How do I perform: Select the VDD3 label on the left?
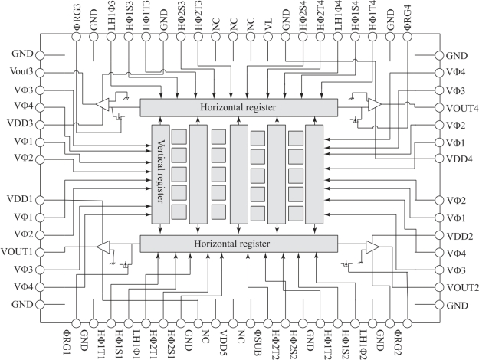[21, 124]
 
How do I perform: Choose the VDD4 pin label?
[458, 159]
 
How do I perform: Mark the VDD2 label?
[458, 236]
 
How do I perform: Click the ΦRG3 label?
[76, 18]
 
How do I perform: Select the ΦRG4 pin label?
[407, 18]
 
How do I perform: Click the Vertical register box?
[160, 173]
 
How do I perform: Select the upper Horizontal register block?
[239, 107]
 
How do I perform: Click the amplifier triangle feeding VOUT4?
[373, 103]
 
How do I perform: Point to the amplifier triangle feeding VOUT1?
[105, 247]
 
